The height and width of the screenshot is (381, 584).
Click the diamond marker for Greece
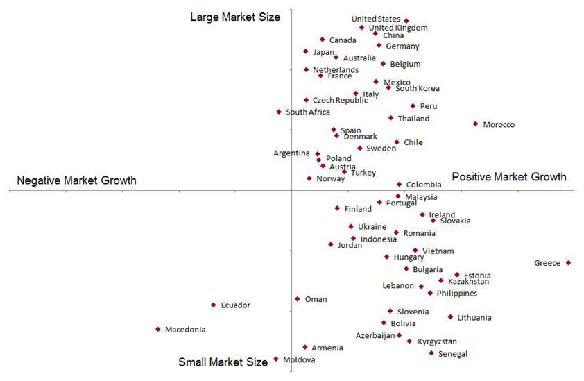[x=568, y=262]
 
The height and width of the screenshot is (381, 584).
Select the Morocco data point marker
[x=475, y=124]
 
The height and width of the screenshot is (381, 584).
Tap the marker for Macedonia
[x=158, y=329]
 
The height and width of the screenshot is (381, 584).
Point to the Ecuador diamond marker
[x=214, y=305]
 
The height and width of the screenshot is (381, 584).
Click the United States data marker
[x=406, y=21]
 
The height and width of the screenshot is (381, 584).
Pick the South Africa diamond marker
[x=279, y=112]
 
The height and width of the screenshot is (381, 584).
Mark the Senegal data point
[x=431, y=353]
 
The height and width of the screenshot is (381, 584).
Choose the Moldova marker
[x=276, y=359]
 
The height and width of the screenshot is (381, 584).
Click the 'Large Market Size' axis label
[x=235, y=17]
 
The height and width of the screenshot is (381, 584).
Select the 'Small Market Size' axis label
[x=223, y=362]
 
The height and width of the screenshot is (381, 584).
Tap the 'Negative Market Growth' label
[x=76, y=180]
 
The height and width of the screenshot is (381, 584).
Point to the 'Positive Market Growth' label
[x=509, y=177]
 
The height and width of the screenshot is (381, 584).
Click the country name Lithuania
[x=474, y=318]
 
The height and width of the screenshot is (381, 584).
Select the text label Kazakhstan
[x=468, y=282]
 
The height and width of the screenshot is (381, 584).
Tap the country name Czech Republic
[x=340, y=101]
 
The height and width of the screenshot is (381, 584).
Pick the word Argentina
[x=291, y=153]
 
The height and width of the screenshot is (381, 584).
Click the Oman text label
[x=316, y=300]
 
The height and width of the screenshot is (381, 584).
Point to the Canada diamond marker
[x=323, y=40]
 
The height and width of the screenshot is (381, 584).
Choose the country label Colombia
[x=424, y=185]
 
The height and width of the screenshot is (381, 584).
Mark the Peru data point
[x=413, y=106]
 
